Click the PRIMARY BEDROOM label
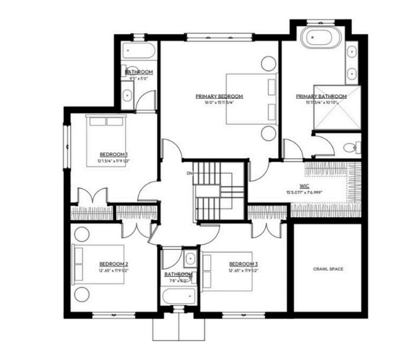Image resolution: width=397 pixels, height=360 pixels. [x=219, y=96]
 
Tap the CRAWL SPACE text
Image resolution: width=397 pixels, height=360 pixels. [x=328, y=269]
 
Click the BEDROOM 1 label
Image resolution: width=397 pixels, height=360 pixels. [x=114, y=154]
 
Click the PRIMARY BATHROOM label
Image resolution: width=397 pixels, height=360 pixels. [x=321, y=96]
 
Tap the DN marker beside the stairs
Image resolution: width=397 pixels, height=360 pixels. [x=189, y=173]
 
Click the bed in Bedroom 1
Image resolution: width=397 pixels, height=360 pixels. [x=106, y=136]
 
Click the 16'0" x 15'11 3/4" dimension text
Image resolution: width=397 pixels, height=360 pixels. [x=219, y=103]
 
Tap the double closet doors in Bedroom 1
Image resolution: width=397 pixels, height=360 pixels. [x=93, y=195]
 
